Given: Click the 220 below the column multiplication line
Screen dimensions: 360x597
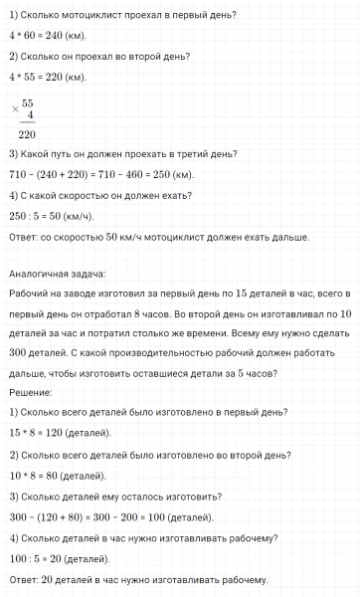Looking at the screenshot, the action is (27, 133).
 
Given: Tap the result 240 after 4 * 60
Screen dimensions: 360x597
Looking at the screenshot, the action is (54, 31).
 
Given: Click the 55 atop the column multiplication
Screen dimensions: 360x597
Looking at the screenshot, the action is (28, 101).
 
